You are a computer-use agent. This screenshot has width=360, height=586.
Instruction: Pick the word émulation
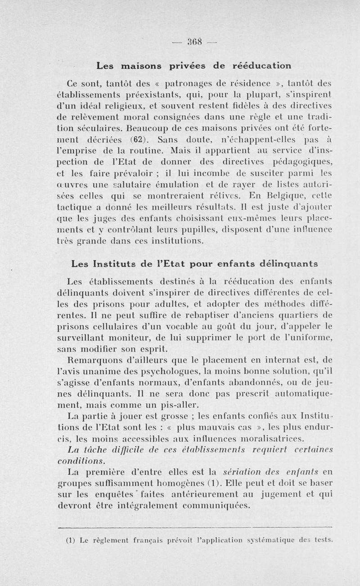pos(178,184)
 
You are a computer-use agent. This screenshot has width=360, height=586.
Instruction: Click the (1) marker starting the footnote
pos(70,541)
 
